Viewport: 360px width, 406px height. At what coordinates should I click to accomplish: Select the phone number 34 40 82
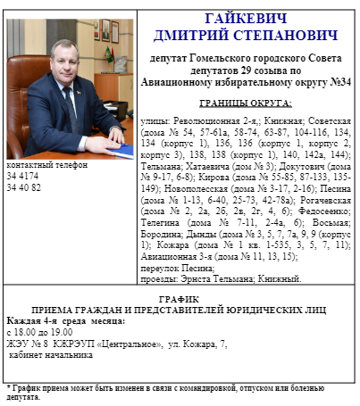24,189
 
